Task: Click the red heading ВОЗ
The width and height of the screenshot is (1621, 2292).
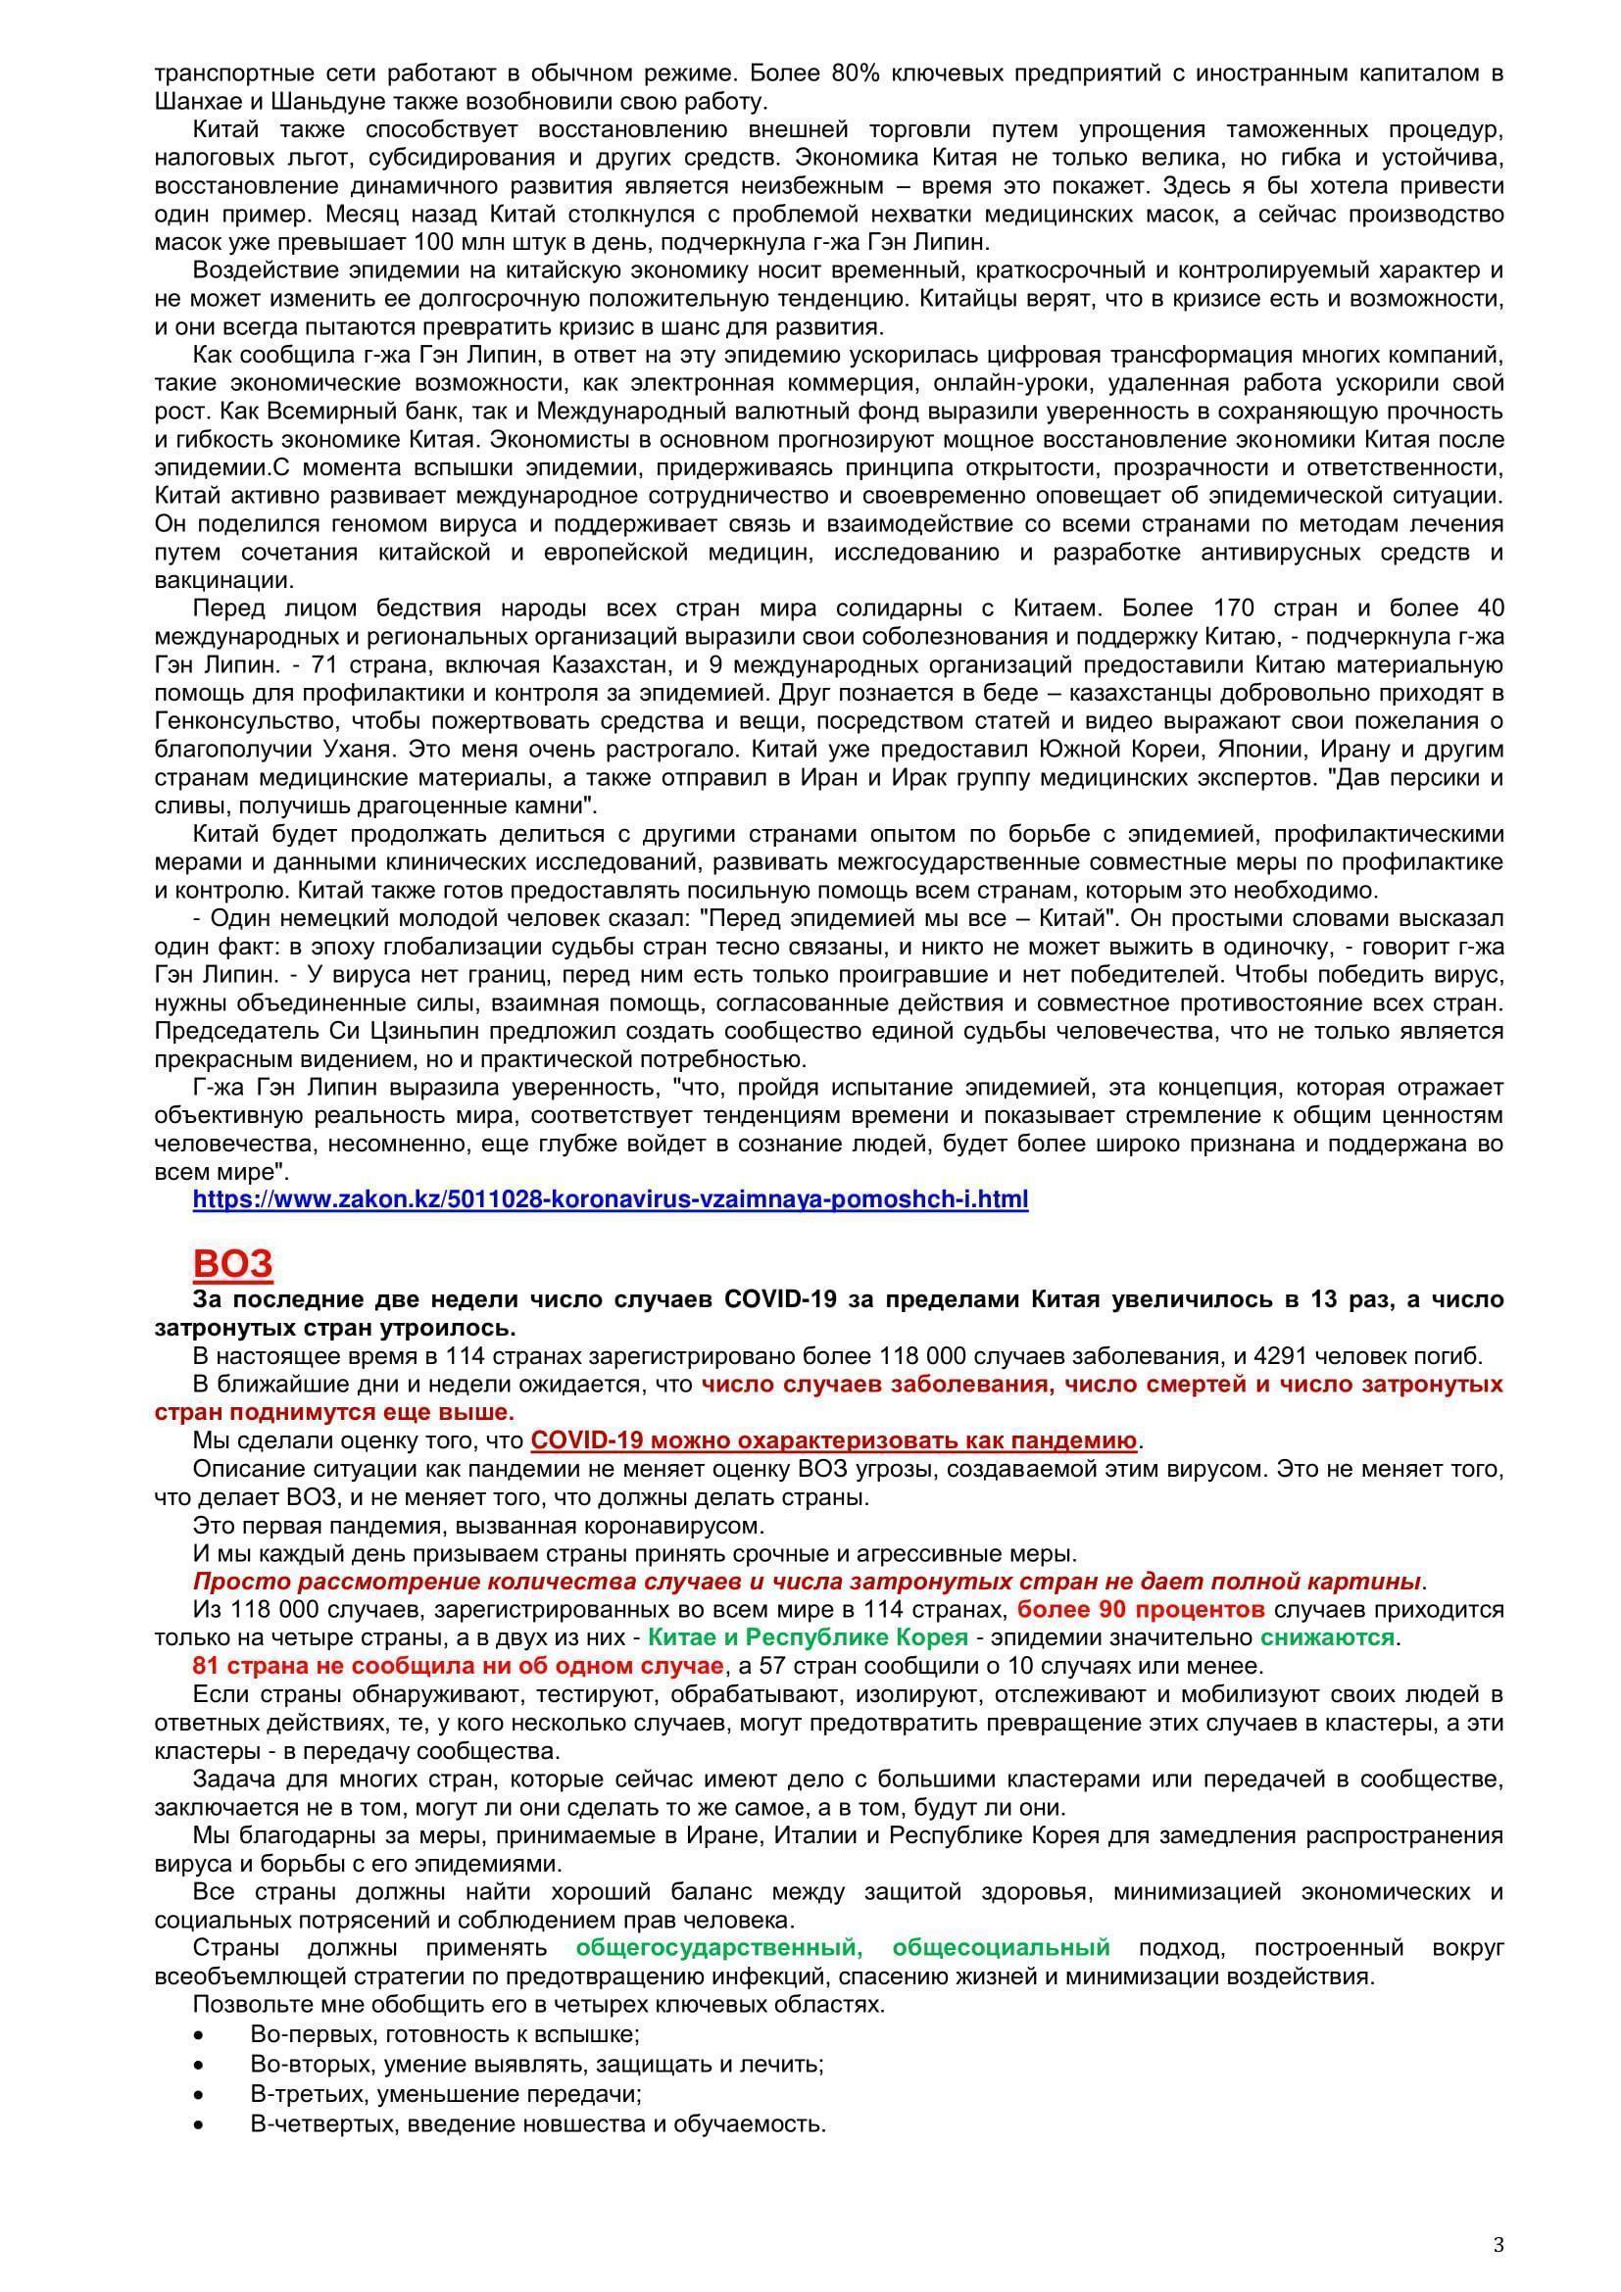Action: [x=232, y=1264]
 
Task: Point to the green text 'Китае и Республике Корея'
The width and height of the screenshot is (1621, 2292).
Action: [x=808, y=1637]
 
